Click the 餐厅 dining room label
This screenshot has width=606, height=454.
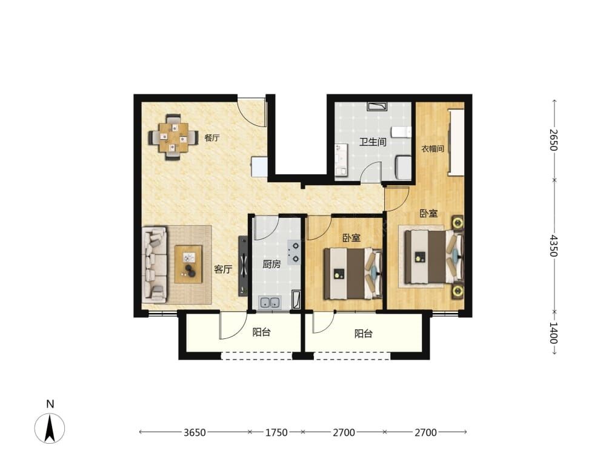(x=212, y=138)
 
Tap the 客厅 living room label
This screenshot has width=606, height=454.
(x=223, y=269)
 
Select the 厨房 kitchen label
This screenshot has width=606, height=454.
(x=271, y=265)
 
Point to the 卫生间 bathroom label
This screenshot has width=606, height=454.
(x=373, y=142)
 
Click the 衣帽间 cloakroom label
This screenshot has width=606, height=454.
(x=433, y=149)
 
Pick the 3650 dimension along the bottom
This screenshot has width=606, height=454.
(x=195, y=432)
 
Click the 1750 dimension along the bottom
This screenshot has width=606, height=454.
(x=276, y=432)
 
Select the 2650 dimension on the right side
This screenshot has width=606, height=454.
(x=554, y=140)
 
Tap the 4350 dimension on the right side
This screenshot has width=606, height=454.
(x=554, y=246)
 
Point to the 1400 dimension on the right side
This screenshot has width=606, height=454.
(x=554, y=333)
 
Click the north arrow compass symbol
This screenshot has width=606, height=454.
(x=50, y=427)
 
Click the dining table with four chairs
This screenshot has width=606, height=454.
(x=173, y=137)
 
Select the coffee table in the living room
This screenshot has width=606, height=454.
(x=188, y=265)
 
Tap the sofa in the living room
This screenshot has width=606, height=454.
(x=154, y=265)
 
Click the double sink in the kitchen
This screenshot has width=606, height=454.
(x=270, y=303)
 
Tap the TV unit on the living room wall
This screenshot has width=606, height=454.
(x=243, y=266)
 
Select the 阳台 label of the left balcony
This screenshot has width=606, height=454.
(x=261, y=332)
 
